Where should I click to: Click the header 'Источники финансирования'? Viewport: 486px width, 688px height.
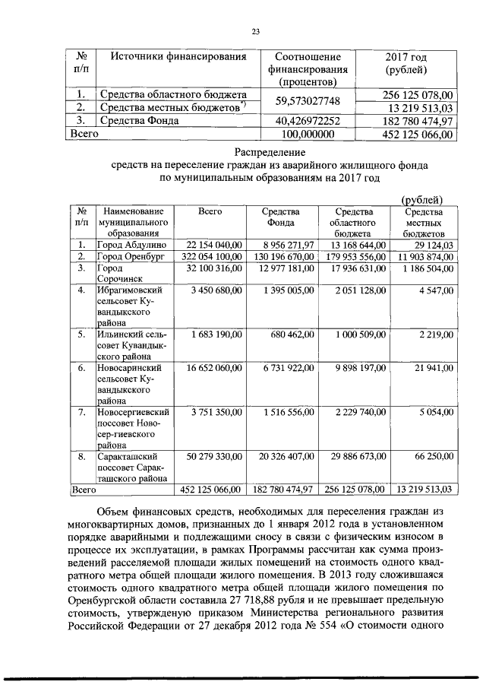175,57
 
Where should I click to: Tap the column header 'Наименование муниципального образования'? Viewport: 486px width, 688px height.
133,222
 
